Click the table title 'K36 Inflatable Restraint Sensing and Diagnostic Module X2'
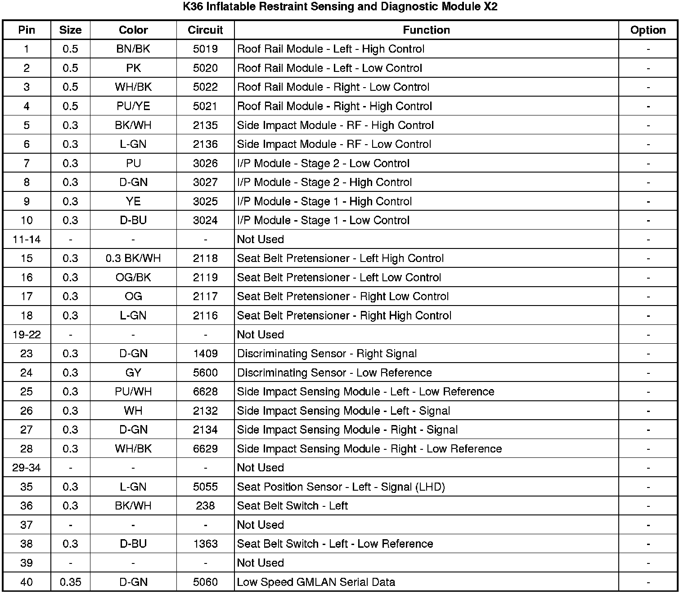click(x=341, y=7)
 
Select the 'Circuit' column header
click(x=205, y=30)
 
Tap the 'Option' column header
click(x=648, y=30)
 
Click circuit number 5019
click(x=205, y=49)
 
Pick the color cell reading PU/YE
click(x=133, y=106)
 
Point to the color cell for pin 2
click(x=133, y=68)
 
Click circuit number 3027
click(x=205, y=182)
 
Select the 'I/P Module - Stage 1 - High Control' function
click(x=324, y=201)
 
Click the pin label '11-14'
click(x=27, y=239)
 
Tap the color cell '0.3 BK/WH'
click(x=133, y=258)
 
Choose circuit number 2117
click(x=205, y=297)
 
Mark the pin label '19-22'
click(x=27, y=335)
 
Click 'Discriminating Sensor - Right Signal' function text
click(x=327, y=354)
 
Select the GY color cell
click(x=133, y=373)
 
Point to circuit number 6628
click(x=205, y=392)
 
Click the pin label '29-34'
click(x=27, y=468)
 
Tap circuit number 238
click(x=205, y=506)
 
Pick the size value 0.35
click(x=70, y=582)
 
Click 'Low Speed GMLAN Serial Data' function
click(x=316, y=582)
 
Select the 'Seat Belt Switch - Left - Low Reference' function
click(x=335, y=544)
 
